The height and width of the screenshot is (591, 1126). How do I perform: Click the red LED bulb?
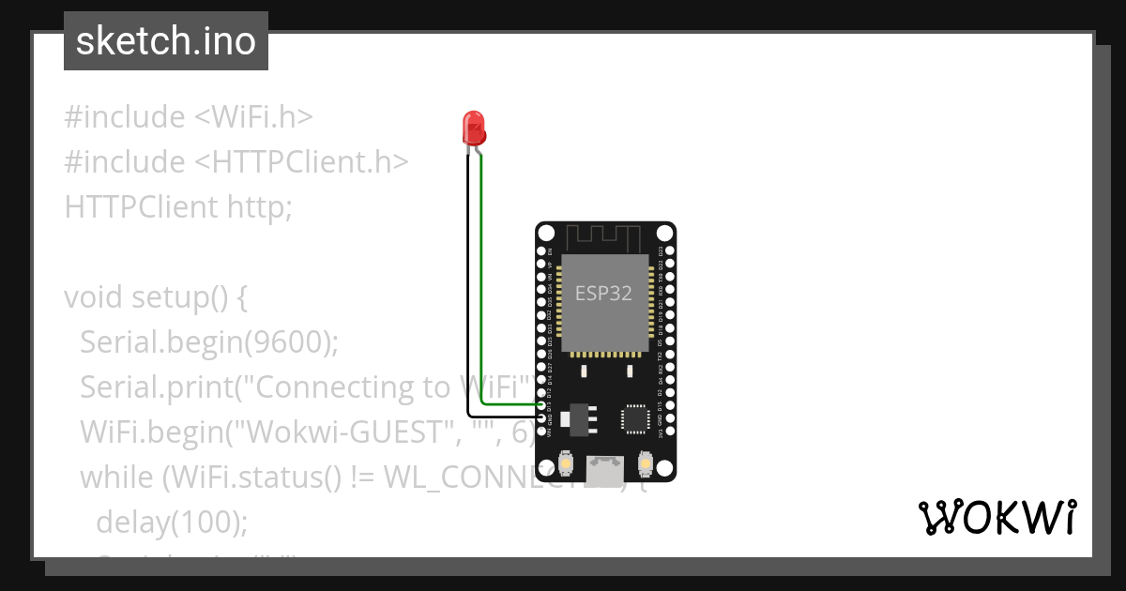click(x=474, y=127)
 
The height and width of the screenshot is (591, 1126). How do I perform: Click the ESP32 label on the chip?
click(x=603, y=293)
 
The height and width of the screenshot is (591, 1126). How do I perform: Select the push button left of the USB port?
click(x=566, y=462)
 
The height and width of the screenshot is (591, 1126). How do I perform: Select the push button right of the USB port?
click(x=646, y=462)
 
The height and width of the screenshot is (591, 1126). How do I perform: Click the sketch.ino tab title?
click(x=166, y=42)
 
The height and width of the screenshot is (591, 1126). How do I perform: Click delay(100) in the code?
click(x=172, y=522)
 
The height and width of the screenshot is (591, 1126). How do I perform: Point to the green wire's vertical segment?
click(x=481, y=281)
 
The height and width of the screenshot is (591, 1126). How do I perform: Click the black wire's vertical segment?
click(x=467, y=281)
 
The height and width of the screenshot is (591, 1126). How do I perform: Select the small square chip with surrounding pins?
click(x=636, y=418)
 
